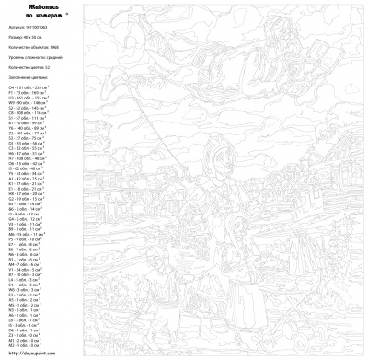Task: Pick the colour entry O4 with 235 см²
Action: coord(27,87)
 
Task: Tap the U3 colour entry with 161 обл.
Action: coord(27,99)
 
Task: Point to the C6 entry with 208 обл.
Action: coord(27,115)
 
